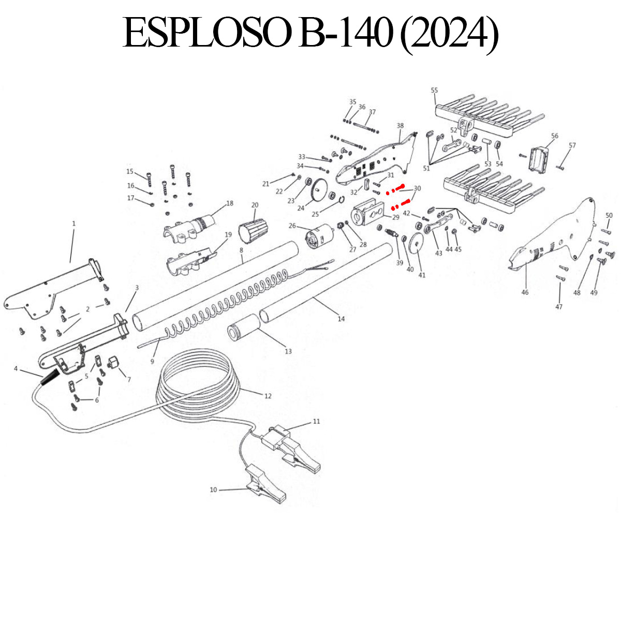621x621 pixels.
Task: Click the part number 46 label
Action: click(525, 292)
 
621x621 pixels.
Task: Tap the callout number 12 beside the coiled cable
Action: click(268, 396)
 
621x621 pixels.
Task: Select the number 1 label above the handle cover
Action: click(73, 224)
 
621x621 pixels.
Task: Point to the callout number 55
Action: click(434, 91)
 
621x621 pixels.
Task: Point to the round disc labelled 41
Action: click(418, 248)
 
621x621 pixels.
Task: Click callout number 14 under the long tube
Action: click(341, 319)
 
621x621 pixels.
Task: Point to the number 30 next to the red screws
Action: click(418, 188)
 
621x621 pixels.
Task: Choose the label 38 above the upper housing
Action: click(400, 126)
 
